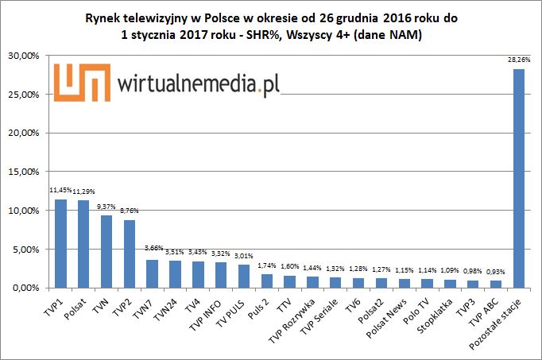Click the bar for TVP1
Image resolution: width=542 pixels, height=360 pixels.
pyautogui.click(x=60, y=243)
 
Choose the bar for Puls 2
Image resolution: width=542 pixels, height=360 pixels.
pyautogui.click(x=266, y=281)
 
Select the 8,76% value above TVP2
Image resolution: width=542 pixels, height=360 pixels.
pyautogui.click(x=129, y=211)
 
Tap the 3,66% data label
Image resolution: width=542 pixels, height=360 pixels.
pyautogui.click(x=152, y=250)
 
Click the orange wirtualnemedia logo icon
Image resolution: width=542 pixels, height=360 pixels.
pyautogui.click(x=79, y=82)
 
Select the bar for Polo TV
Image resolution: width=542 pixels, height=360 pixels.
pyautogui.click(x=426, y=283)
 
